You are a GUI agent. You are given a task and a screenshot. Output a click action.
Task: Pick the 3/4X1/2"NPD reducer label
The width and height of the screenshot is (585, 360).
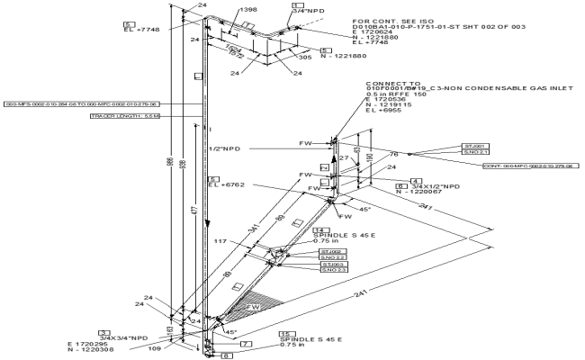click(424, 188)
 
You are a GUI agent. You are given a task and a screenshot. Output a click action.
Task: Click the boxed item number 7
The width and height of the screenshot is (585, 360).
click(245, 344)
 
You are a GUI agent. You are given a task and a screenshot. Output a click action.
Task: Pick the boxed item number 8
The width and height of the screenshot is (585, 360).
click(227, 355)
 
